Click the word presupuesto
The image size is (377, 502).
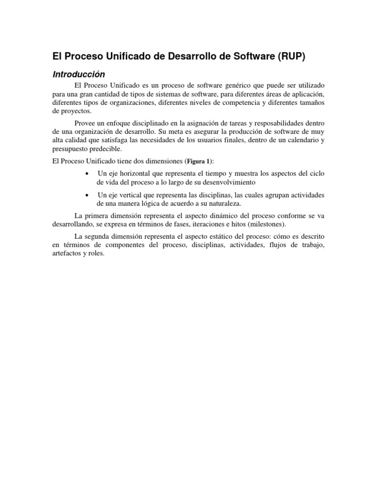(70, 149)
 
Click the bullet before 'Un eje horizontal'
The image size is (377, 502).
(87, 174)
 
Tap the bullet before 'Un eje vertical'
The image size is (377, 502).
(87, 195)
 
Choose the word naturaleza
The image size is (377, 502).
(221, 203)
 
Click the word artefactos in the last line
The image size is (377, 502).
(67, 254)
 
